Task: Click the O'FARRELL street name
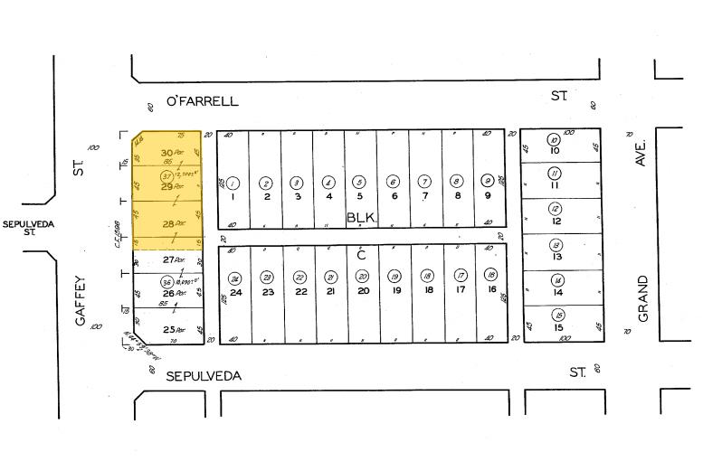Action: [x=202, y=101]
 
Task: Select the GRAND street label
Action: [x=643, y=298]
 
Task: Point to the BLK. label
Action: [x=359, y=217]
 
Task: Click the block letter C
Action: [x=360, y=255]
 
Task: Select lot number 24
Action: [x=235, y=292]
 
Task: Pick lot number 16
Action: [x=491, y=290]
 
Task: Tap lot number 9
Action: [x=488, y=195]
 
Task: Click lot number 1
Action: [x=233, y=196]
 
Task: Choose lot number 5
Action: [x=359, y=195]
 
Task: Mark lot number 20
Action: [x=362, y=291]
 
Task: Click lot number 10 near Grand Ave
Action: [x=554, y=151]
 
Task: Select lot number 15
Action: [x=556, y=328]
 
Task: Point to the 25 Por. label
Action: [x=173, y=328]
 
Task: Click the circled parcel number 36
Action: [x=166, y=283]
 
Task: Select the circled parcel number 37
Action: [x=166, y=174]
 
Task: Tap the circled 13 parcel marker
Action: [x=555, y=245]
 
